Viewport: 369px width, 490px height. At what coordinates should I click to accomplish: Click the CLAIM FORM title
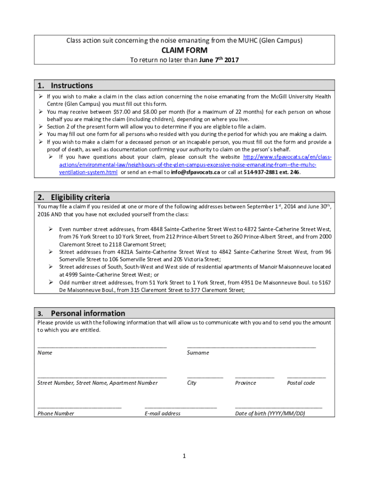[x=184, y=51]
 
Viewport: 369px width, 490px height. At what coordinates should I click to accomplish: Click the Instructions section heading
[x=72, y=86]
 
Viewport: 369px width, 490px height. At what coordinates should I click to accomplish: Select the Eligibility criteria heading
[x=80, y=197]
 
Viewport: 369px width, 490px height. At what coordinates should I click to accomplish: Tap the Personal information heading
[x=88, y=313]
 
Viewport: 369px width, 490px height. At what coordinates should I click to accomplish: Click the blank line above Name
[x=102, y=346]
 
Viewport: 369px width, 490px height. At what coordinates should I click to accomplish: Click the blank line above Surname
[x=251, y=346]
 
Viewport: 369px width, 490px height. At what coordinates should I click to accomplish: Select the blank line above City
[x=205, y=377]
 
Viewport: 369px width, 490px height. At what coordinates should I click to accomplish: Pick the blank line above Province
[x=254, y=377]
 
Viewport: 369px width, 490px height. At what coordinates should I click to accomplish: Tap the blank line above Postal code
[x=306, y=377]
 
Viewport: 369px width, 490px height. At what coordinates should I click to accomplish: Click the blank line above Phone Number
[x=80, y=407]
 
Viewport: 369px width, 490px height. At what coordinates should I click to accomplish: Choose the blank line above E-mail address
[x=181, y=407]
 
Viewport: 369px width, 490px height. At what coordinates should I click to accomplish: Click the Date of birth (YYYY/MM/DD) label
[x=270, y=413]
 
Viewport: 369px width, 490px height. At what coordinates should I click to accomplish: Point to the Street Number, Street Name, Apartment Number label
[x=97, y=383]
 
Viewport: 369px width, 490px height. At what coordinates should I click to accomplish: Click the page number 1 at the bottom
[x=184, y=456]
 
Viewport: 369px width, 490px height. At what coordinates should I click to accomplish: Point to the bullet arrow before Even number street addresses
[x=50, y=229]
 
